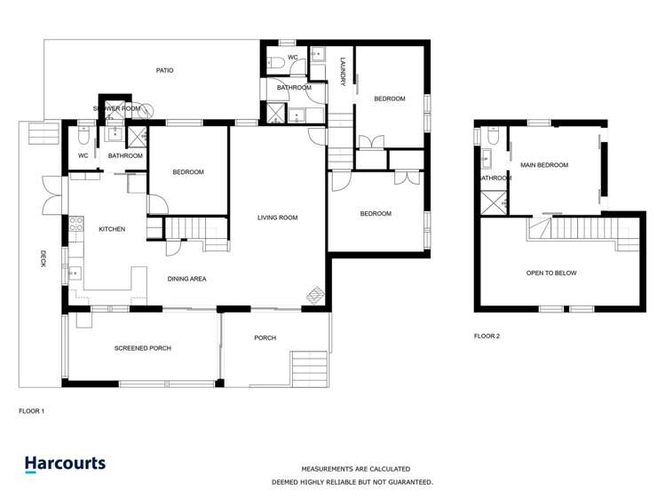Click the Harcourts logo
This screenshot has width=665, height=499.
65,463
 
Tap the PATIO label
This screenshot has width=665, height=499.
164,69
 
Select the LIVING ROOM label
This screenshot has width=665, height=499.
277,218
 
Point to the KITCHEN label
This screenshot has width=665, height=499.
112,229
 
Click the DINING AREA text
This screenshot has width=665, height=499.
187,279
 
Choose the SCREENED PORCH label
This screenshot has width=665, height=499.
143,348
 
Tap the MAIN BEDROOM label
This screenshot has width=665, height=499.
544,165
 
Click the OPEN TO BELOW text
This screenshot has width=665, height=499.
551,273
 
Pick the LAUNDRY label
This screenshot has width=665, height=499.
343,72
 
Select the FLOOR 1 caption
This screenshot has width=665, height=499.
31,412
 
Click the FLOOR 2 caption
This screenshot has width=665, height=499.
487,337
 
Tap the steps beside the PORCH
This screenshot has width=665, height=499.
309,365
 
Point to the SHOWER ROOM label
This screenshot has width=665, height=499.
116,108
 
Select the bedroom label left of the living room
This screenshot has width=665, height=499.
188,172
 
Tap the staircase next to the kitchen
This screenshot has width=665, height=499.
190,231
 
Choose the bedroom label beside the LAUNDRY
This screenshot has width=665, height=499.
389,99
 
